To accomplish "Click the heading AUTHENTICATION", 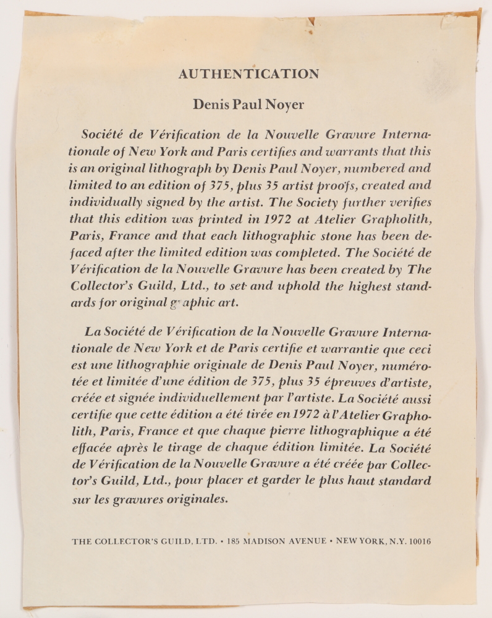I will pos(248,74).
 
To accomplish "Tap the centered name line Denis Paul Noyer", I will pos(248,104).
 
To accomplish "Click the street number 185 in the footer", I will pos(233,541).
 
